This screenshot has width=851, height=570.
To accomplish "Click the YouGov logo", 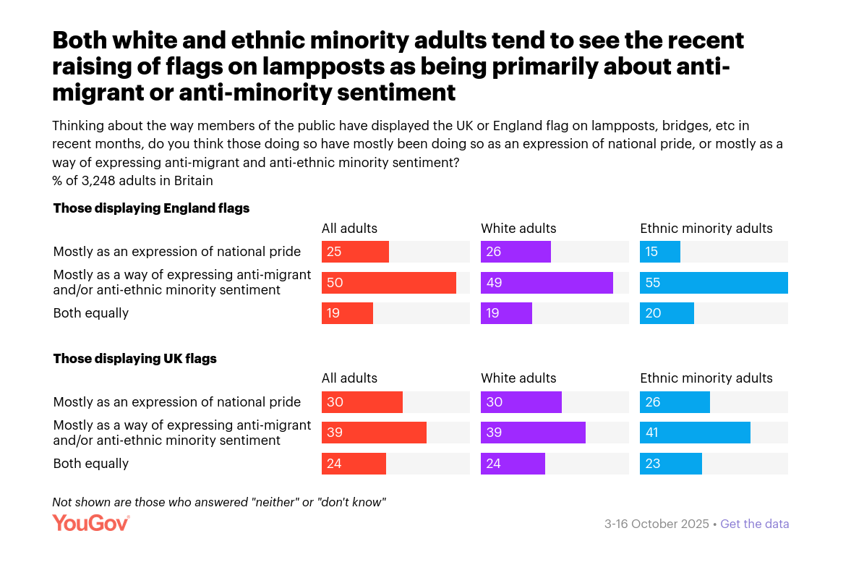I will [x=90, y=523].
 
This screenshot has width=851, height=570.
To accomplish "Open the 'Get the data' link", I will [x=754, y=524].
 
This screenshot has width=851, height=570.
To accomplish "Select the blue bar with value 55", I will [x=713, y=283].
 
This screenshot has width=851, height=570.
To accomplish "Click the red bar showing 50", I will [x=388, y=283].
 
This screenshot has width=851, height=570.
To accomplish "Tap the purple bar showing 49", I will [x=547, y=283].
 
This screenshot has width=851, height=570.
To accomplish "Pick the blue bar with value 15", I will [x=659, y=252].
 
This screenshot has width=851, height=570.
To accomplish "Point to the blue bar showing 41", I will [x=695, y=433].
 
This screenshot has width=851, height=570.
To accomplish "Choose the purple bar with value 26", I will [x=516, y=252].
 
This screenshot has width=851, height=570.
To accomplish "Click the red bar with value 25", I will [x=355, y=252].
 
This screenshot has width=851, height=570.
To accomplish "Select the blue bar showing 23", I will [x=670, y=464].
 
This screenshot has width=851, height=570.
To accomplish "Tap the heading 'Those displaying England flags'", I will [x=151, y=208].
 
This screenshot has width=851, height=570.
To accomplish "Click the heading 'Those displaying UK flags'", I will [x=135, y=358].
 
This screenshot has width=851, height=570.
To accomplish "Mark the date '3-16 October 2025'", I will [x=657, y=524].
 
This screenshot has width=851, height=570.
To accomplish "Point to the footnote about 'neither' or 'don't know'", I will [x=219, y=501].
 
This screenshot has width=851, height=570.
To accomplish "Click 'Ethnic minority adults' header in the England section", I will [x=706, y=229].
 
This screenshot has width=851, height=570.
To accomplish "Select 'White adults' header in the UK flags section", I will [x=518, y=378].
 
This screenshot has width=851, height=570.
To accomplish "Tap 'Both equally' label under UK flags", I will [x=91, y=464].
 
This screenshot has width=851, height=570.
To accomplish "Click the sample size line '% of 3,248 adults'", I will [x=132, y=180].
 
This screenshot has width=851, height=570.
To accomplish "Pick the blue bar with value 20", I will [x=667, y=313].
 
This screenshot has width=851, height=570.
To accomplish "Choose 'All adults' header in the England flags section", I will [x=349, y=229].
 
